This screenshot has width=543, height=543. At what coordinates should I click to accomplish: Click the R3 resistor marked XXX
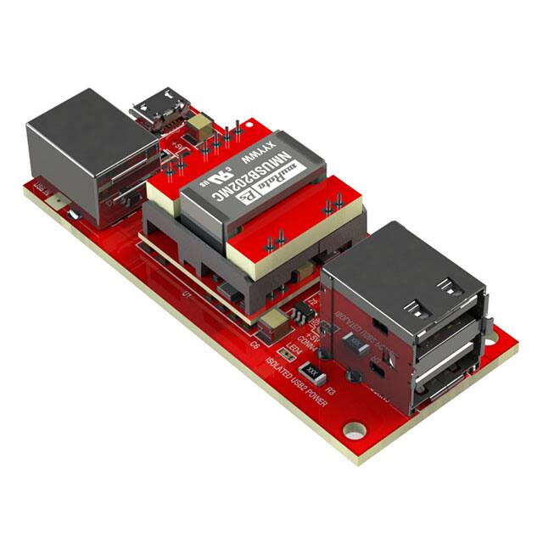pyautogui.click(x=311, y=372)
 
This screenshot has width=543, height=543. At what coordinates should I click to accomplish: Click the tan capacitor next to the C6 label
pyautogui.click(x=275, y=323)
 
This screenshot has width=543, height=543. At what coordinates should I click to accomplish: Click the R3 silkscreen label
pyautogui.click(x=331, y=391)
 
